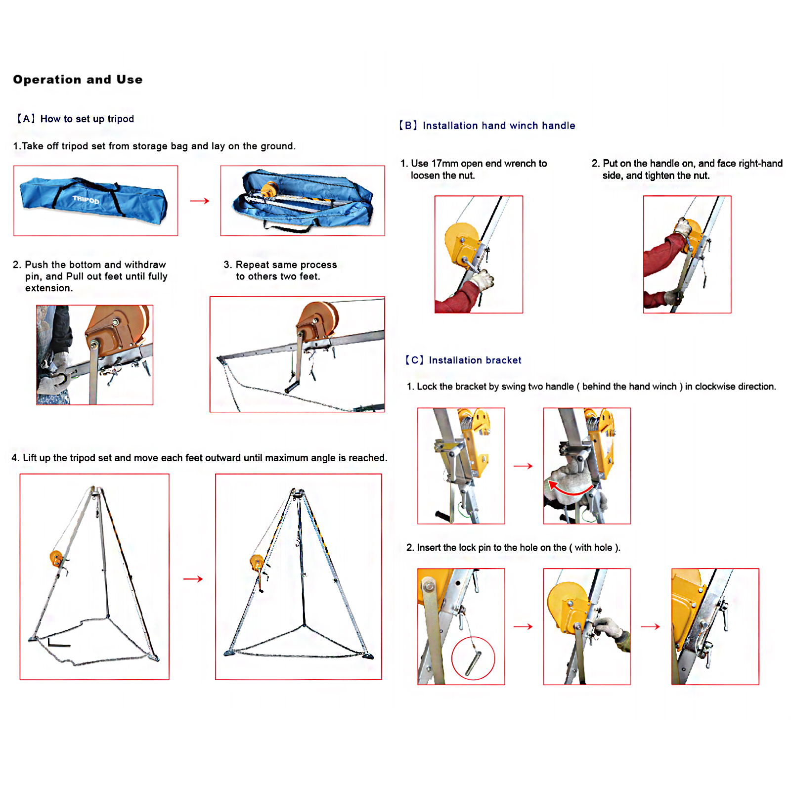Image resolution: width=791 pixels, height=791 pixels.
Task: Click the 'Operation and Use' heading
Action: click(x=78, y=80)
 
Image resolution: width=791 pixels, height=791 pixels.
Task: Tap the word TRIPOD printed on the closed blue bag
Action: click(x=86, y=200)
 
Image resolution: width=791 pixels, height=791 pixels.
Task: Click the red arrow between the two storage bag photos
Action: click(x=200, y=201)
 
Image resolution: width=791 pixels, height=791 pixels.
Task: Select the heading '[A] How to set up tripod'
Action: click(x=75, y=119)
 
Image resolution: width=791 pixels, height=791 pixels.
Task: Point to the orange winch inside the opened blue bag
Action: click(x=269, y=189)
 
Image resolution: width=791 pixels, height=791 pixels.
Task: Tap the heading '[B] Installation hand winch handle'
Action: click(x=487, y=126)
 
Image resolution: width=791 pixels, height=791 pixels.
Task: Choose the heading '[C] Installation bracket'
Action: click(x=463, y=360)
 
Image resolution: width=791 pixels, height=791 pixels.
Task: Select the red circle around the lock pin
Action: click(x=473, y=658)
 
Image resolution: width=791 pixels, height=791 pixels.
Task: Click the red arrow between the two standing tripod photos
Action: click(x=193, y=579)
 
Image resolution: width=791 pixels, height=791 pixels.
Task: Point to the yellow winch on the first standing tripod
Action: click(x=56, y=559)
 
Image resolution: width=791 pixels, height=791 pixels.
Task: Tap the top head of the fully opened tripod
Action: click(x=298, y=493)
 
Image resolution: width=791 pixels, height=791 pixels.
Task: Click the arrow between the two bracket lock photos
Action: click(x=523, y=466)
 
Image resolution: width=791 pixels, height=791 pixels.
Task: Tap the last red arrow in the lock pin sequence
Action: click(x=650, y=626)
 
